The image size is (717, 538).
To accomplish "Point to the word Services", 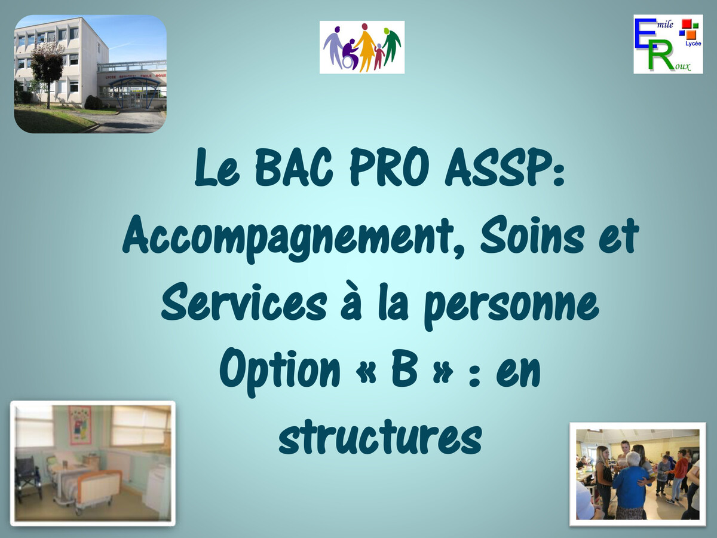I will [x=243, y=303].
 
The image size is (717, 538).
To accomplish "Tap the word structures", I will [x=380, y=438].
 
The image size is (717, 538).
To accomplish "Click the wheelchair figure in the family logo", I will [x=349, y=55].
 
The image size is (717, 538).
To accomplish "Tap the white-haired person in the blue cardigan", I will [x=630, y=484].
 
